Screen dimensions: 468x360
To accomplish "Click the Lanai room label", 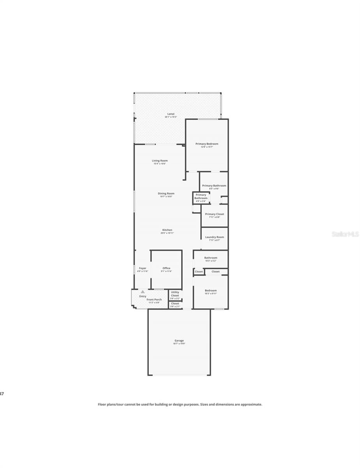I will click(x=170, y=114).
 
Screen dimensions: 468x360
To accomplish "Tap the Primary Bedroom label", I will click(x=206, y=144).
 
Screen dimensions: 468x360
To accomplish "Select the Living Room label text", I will click(x=160, y=161).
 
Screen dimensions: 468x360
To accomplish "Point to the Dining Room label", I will click(x=166, y=193).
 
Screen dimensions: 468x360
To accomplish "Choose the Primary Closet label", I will click(x=214, y=214).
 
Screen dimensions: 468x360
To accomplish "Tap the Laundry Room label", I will click(x=214, y=237).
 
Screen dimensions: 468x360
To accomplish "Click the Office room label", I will click(x=166, y=268).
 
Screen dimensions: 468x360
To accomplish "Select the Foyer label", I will click(x=143, y=268).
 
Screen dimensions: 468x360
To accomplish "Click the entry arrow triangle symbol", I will click(x=143, y=292).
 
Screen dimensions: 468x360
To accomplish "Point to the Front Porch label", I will click(x=154, y=300).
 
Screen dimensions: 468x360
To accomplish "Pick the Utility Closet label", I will click(x=175, y=294).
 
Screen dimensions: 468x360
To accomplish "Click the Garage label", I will click(x=179, y=340).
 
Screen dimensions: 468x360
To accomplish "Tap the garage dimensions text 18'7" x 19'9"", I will click(x=179, y=344).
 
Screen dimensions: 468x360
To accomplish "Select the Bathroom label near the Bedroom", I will click(x=211, y=258).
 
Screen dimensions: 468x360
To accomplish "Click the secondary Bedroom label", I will click(x=211, y=291).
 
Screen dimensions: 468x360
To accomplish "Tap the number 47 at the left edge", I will click(x=2, y=394).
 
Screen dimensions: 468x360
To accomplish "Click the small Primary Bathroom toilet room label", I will click(x=201, y=197).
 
